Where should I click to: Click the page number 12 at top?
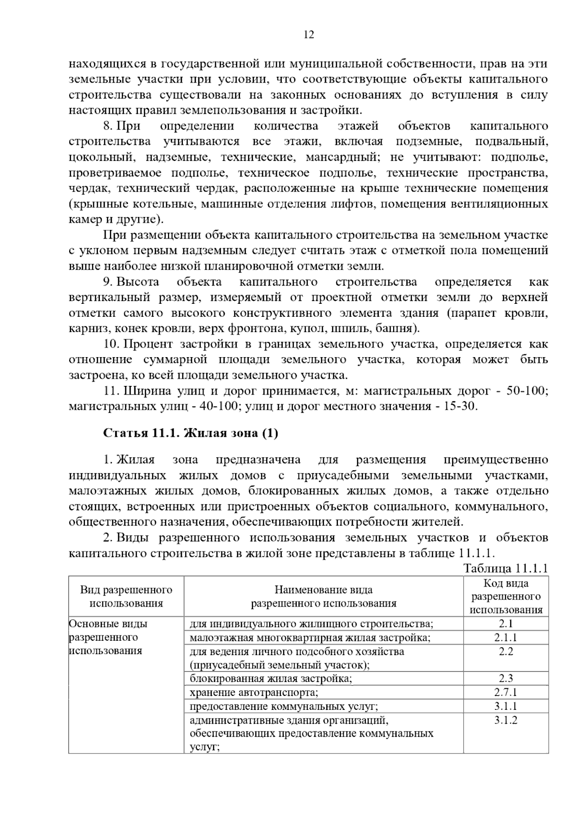tap(309, 35)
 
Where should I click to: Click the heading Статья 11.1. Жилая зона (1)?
tap(191, 433)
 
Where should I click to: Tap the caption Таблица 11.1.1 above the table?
tap(505, 569)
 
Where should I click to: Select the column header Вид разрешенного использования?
tap(126, 597)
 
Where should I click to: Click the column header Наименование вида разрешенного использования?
tap(324, 597)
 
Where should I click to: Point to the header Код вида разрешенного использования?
tap(506, 597)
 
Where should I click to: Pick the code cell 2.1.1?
tap(506, 638)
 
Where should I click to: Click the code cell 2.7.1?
tap(506, 693)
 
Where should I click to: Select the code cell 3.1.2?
tap(506, 720)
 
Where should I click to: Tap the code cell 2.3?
tap(506, 679)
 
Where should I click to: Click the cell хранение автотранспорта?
tap(254, 693)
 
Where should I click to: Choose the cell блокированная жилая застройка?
tap(271, 679)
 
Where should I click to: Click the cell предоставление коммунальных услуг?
tap(284, 707)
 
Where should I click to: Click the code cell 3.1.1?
tap(506, 707)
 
